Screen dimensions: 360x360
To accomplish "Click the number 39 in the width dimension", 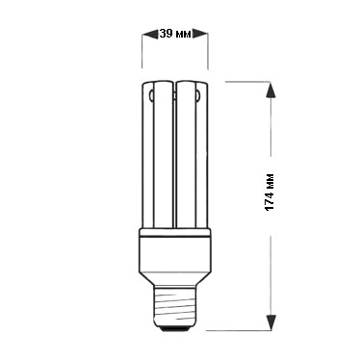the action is coord(166,34).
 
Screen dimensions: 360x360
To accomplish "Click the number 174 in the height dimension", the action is coord(270,200).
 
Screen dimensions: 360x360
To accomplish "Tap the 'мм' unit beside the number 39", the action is coord(183,34).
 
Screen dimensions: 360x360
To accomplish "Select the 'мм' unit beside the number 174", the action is coord(270,180).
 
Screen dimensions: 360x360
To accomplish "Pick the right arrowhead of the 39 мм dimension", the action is coord(199,34).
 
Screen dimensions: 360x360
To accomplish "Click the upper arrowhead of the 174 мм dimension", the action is coord(271,90).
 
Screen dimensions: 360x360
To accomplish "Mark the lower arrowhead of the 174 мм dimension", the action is coord(271,321).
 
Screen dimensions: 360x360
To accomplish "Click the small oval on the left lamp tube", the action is coord(151,94).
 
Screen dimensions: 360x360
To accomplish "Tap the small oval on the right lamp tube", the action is coord(198,94).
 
